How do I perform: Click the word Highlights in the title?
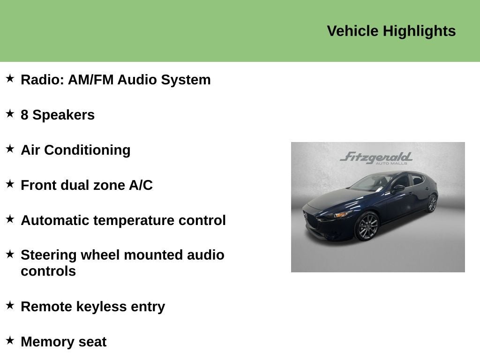pos(419,31)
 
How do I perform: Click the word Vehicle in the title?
pos(352,31)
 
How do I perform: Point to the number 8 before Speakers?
pos(24,115)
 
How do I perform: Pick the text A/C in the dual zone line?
pos(141,185)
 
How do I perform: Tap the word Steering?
pos(49,255)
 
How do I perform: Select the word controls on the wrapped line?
pos(48,271)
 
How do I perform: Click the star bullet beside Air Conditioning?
pos(10,149)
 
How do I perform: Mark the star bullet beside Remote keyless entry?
pos(10,305)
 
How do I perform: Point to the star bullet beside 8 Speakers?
pos(10,113)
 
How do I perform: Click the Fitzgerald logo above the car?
pos(376,157)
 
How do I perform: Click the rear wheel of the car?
pos(432,203)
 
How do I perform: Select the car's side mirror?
pos(398,188)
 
